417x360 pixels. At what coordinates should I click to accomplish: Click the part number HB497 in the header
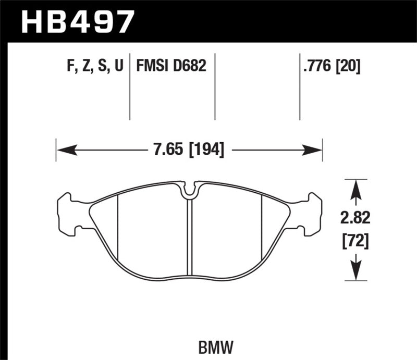(x=77, y=21)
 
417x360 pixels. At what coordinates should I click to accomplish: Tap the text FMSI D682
(x=171, y=66)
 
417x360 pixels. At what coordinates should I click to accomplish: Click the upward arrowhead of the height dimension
(x=355, y=189)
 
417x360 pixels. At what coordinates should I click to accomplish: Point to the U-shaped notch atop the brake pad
(x=190, y=191)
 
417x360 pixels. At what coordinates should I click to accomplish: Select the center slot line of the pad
(x=190, y=234)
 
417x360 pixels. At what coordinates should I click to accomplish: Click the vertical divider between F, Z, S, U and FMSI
(x=129, y=86)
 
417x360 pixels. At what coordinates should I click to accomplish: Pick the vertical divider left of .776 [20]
(x=300, y=86)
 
